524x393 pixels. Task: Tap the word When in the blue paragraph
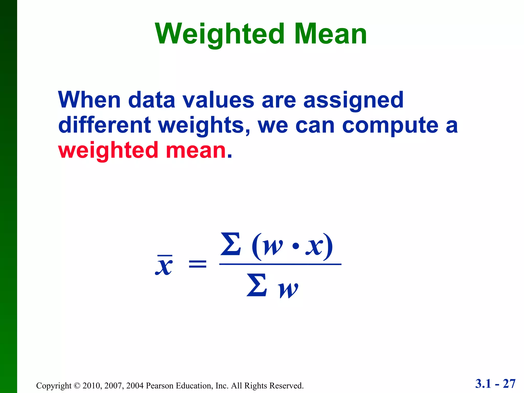click(x=89, y=100)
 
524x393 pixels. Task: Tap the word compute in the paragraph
click(x=390, y=126)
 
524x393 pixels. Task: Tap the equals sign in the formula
click(x=197, y=264)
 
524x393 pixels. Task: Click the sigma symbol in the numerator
click(x=231, y=244)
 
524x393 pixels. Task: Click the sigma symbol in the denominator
click(x=257, y=285)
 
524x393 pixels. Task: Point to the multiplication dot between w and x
click(x=296, y=246)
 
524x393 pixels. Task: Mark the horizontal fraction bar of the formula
click(x=280, y=264)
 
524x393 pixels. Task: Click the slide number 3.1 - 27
click(x=495, y=384)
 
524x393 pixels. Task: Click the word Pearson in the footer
click(x=160, y=386)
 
